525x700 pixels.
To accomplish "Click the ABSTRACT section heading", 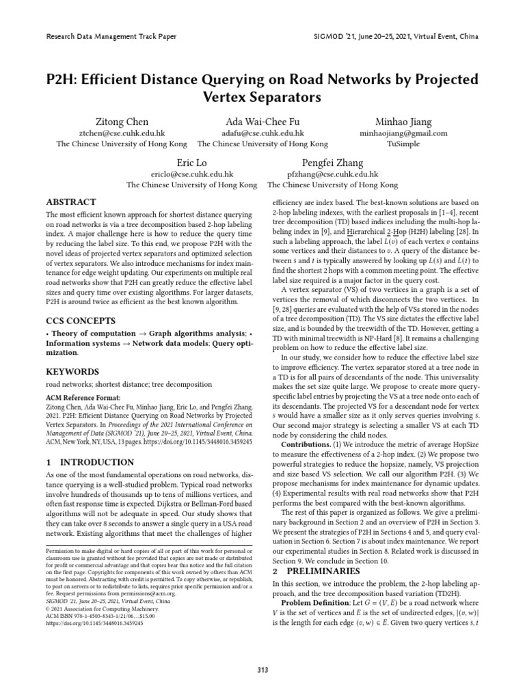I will (70, 202).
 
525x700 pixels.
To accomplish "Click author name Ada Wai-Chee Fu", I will (262, 122).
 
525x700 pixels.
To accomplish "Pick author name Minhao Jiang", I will (403, 122).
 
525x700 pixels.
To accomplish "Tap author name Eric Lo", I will (191, 163).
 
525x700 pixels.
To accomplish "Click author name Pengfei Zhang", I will (333, 163).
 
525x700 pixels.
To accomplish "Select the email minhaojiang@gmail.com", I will (403, 133).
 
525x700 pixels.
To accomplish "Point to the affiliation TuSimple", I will (403, 144).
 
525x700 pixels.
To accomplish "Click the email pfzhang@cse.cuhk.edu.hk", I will (333, 174).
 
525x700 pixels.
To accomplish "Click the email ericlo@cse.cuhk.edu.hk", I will (191, 174).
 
